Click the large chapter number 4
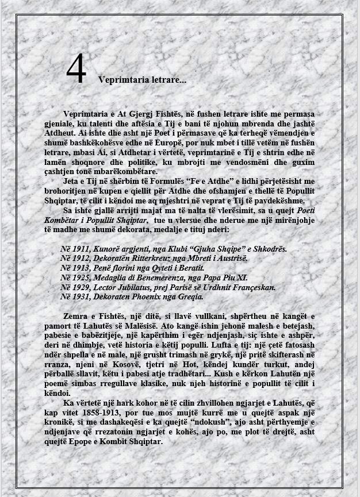pos(76,70)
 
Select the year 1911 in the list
pos(79,249)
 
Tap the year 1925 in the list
pos(79,278)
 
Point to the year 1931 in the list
pos(79,297)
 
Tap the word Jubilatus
pos(141,287)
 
